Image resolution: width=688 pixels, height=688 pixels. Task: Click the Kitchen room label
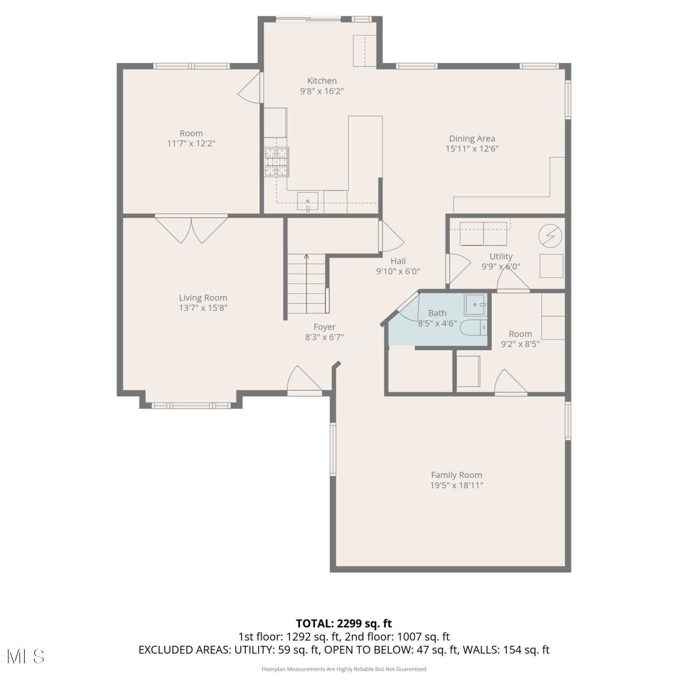[322, 81]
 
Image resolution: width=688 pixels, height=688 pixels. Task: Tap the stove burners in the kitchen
[276, 162]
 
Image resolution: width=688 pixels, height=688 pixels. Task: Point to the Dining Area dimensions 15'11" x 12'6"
[472, 149]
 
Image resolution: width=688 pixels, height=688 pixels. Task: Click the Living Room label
[203, 298]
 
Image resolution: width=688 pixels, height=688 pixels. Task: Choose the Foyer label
[324, 327]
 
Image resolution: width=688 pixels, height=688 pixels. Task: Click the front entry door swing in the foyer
[304, 380]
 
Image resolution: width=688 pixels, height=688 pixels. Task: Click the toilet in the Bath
[473, 328]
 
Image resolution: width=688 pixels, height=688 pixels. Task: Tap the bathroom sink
[475, 305]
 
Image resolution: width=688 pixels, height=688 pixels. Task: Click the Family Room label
[456, 475]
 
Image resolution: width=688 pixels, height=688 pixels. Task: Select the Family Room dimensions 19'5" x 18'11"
[456, 485]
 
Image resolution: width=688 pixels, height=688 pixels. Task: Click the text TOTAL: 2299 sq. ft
[344, 623]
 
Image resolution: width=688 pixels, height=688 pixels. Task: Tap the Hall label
[398, 261]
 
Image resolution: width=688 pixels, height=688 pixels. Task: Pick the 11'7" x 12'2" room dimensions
[191, 144]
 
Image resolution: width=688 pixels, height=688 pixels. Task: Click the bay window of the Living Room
[191, 405]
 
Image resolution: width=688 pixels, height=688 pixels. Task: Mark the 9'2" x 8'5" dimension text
[520, 344]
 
